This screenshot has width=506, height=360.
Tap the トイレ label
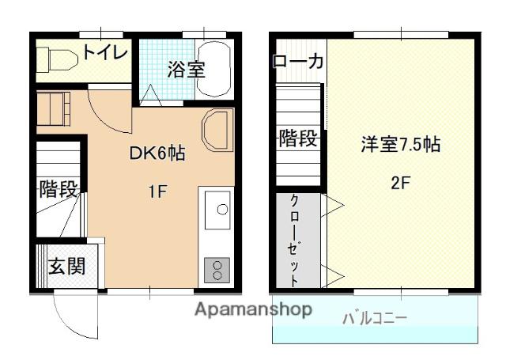[x=104, y=53]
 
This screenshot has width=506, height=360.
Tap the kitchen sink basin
[x=221, y=209]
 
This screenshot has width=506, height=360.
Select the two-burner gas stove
[x=217, y=270]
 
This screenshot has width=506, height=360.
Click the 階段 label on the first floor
[x=58, y=190]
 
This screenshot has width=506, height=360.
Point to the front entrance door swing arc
[x=71, y=316]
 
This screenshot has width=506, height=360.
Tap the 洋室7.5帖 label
[x=400, y=145]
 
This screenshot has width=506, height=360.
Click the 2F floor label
[x=400, y=180]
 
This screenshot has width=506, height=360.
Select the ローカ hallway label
[x=297, y=62]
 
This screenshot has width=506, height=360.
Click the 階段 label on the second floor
[x=299, y=140]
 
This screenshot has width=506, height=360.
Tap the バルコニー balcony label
[x=375, y=319]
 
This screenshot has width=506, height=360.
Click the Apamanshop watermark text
[x=252, y=309]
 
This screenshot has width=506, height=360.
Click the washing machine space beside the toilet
[x=55, y=108]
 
